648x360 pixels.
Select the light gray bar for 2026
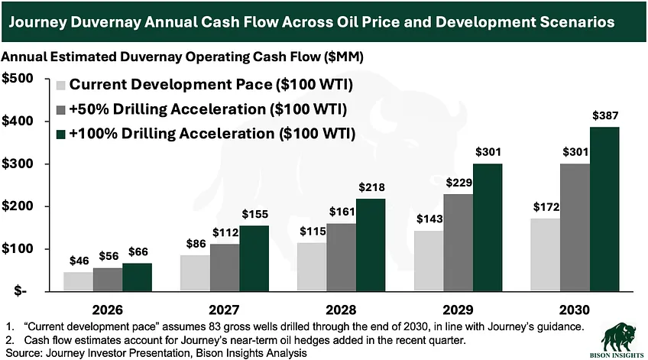79,281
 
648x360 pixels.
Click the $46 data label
78,261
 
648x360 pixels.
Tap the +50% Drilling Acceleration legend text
206,110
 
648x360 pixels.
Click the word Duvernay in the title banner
112,23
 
